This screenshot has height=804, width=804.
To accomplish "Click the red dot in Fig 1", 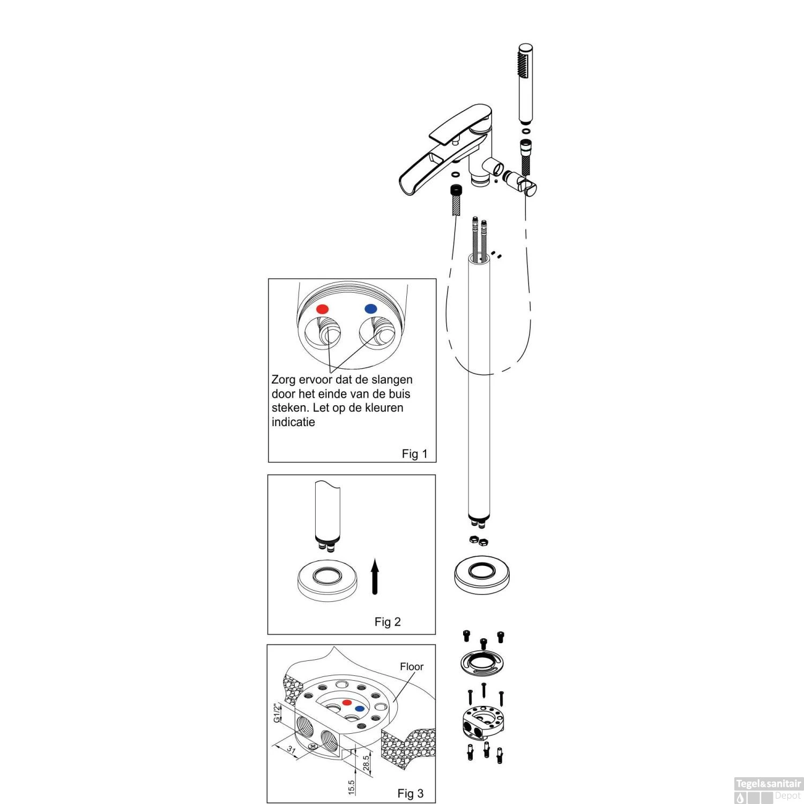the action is coord(322,309).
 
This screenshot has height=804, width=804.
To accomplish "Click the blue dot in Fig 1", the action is coord(370,309).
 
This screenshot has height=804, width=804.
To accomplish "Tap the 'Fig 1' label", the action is coord(414,454).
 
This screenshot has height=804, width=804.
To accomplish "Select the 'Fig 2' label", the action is coord(388,622).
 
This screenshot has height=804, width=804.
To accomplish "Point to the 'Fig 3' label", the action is coord(410,793).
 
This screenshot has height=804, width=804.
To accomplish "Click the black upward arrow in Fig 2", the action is coord(375,577).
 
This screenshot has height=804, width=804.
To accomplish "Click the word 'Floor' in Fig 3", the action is coord(412,666).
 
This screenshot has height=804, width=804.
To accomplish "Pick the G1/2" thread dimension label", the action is coord(277,713).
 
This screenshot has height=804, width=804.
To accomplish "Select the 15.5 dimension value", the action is coord(352,787).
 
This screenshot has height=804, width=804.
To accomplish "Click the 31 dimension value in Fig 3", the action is coord(291,749).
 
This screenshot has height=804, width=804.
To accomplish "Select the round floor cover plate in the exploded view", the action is coord(481,575).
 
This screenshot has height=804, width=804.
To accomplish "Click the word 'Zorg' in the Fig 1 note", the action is coord(284,380).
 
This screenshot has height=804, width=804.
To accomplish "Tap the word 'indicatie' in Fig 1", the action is coord(293,422).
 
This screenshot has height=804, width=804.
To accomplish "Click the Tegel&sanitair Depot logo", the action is coord(768,790).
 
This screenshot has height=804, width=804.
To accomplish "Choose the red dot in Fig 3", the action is coord(347,702).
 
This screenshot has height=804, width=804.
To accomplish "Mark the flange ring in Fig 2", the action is coord(327,580).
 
